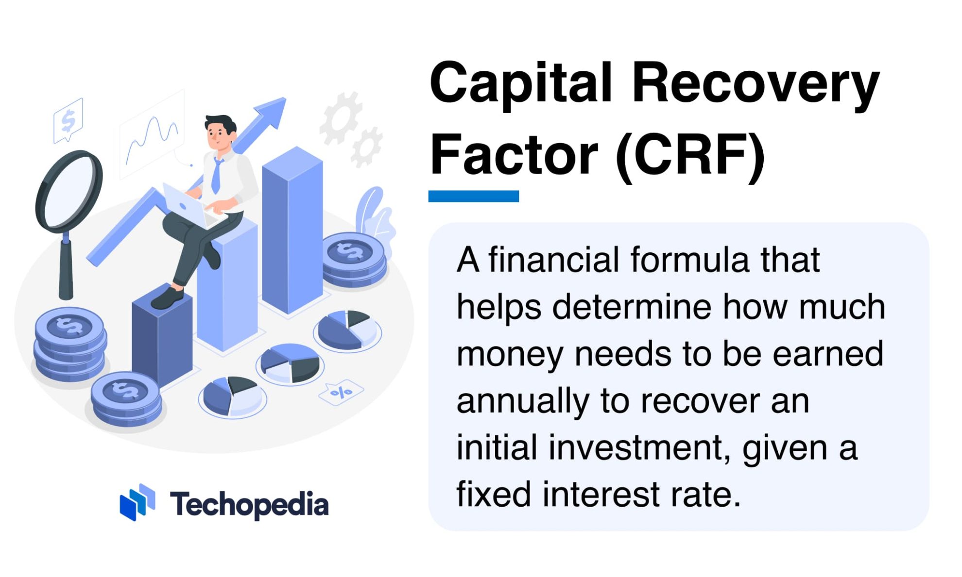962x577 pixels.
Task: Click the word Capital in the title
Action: [x=520, y=83]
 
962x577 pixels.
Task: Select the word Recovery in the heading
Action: [x=756, y=83]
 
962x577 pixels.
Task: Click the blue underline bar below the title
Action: [x=473, y=196]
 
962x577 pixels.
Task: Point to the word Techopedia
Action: [x=249, y=505]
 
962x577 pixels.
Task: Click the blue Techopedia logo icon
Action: [x=137, y=502]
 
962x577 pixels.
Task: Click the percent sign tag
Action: [x=341, y=392]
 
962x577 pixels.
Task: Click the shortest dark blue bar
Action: [x=162, y=340]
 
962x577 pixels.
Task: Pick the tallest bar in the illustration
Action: [x=292, y=233]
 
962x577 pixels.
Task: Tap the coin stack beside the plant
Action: [x=354, y=260]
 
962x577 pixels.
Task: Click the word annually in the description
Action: [x=522, y=402]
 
